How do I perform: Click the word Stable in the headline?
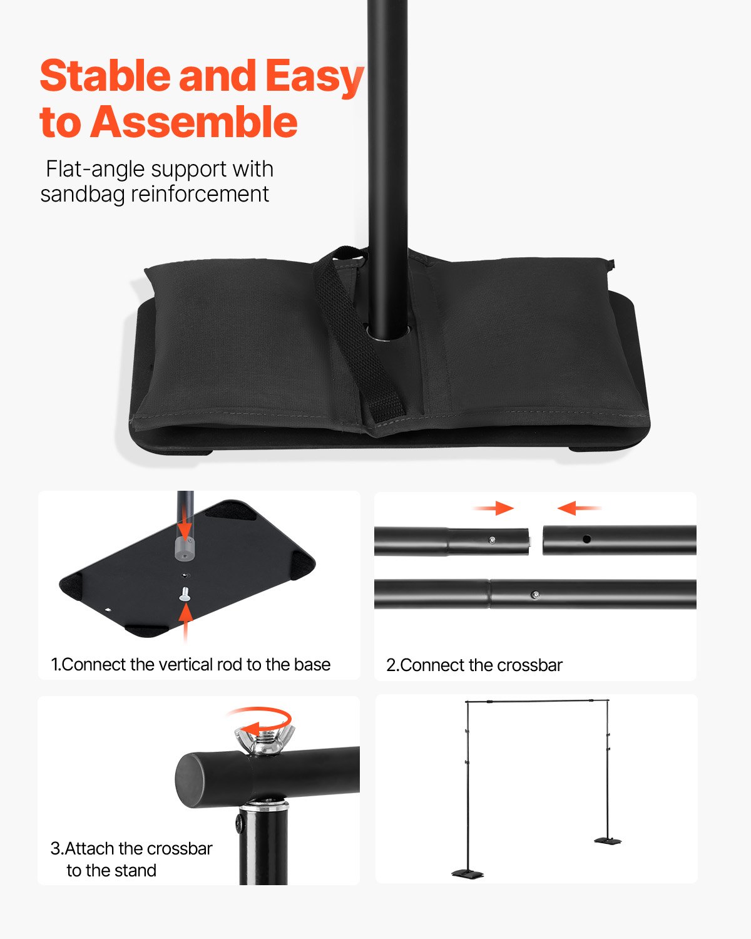(105, 76)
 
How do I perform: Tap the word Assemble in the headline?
(194, 122)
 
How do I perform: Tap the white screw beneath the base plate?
(185, 594)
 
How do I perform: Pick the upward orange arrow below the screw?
(185, 623)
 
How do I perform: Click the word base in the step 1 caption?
(312, 664)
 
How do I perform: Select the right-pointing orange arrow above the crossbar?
(494, 508)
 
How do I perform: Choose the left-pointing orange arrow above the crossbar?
(578, 508)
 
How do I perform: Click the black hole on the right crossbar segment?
(586, 539)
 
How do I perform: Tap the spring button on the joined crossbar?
(534, 594)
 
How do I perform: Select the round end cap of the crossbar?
(190, 780)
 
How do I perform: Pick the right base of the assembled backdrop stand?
(607, 841)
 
